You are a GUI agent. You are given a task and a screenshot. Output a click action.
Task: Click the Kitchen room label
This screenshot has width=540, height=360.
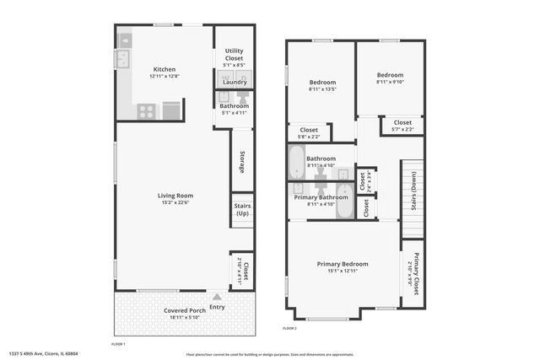pos(164,69)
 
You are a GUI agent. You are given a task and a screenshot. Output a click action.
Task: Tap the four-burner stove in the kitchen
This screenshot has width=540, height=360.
pos(147,110)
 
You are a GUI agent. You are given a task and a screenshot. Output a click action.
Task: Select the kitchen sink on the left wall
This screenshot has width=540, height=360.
pos(122,58)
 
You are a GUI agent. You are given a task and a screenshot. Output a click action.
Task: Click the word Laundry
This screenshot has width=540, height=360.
pos(235,82)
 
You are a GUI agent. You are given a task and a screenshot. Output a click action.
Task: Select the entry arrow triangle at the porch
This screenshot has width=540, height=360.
pos(218,296)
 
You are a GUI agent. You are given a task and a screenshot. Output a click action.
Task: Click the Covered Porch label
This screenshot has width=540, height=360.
pos(184,310)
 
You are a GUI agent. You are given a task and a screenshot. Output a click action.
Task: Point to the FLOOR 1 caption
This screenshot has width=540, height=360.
pos(118,344)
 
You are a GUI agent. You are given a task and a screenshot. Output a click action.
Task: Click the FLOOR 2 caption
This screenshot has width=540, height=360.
pos(289,327)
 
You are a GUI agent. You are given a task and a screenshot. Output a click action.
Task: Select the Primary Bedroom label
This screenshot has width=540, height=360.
pos(343,264)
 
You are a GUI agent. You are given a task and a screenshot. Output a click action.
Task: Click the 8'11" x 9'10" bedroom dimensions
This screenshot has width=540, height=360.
pos(389,82)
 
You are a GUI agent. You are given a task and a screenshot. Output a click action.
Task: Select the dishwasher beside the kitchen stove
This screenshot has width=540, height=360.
pos(171,110)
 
